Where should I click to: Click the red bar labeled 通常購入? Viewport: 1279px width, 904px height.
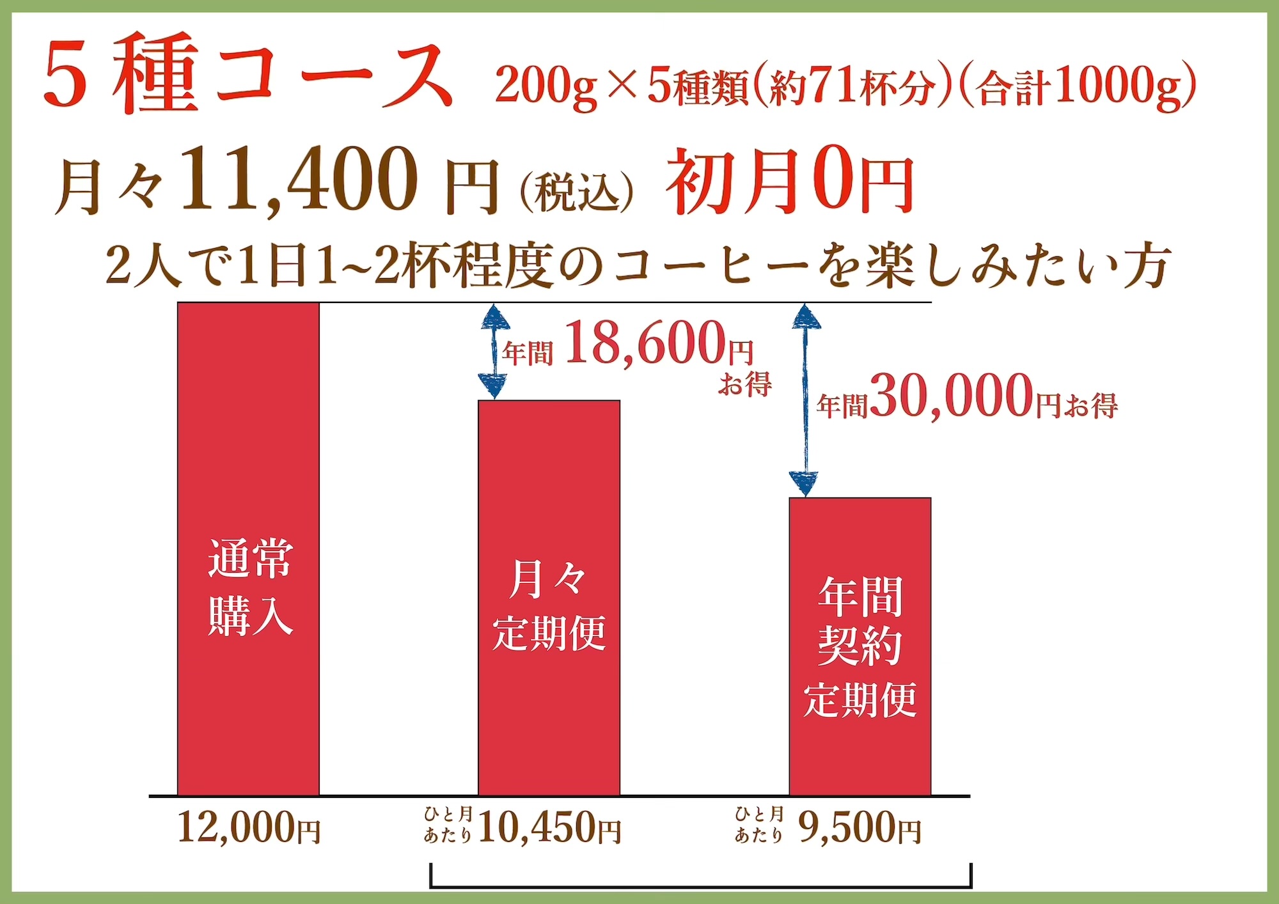pos(248,550)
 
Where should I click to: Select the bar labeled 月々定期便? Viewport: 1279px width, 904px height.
pos(549,598)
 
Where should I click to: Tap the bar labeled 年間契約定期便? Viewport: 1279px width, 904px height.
pos(859,646)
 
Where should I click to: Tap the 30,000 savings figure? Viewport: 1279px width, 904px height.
pos(952,397)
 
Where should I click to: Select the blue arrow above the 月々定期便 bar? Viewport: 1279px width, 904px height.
pos(494,352)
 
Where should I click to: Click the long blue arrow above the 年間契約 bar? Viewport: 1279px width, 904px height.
pos(805,400)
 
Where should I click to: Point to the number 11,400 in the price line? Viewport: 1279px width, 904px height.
pos(299,180)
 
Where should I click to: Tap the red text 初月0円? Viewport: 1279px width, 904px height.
pos(790,182)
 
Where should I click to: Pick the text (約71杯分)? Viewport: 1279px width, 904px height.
pos(854,86)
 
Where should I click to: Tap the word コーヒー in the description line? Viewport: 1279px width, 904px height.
pos(710,266)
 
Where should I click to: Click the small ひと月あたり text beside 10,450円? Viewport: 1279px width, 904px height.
pos(448,825)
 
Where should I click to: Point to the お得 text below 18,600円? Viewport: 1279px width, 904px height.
pos(744,385)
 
